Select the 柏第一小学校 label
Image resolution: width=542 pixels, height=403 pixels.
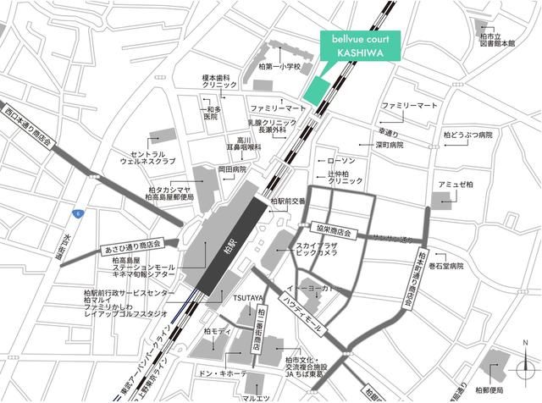coord(279,65)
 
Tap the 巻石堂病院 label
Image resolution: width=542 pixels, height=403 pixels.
coord(447,266)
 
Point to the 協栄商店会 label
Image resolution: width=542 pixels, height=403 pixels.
coord(329,231)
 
